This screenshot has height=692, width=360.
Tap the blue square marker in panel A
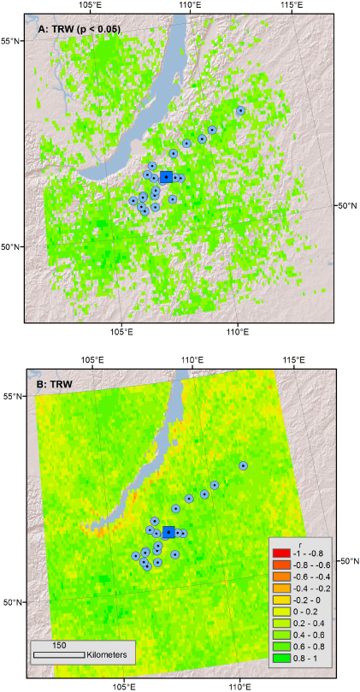coord(166,177)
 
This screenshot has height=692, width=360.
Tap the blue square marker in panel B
coord(168,532)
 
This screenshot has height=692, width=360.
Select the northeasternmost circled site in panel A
coord(241,110)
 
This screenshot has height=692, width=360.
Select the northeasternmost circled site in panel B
coord(244,465)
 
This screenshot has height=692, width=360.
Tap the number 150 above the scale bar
coord(59,643)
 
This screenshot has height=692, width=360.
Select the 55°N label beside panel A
coord(10,40)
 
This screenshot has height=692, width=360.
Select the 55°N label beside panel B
coord(10,397)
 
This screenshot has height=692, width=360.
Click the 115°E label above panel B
coord(292,361)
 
